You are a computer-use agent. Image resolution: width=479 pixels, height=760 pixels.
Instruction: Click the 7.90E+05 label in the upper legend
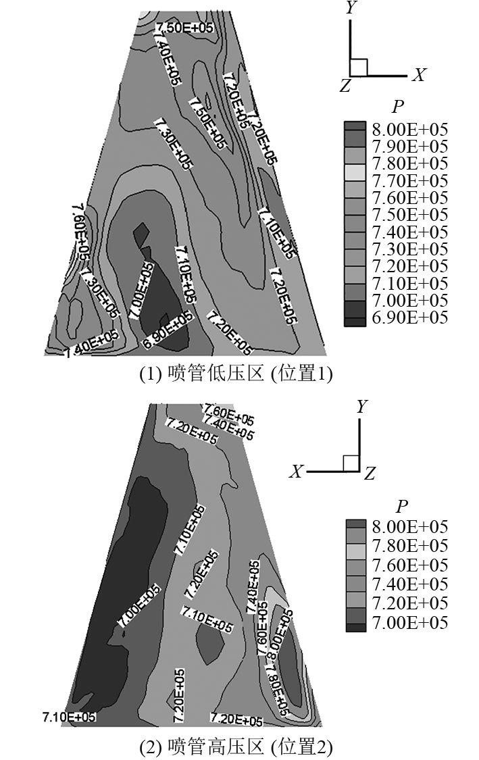point(409,146)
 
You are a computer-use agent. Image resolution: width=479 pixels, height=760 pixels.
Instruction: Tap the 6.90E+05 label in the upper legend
point(409,317)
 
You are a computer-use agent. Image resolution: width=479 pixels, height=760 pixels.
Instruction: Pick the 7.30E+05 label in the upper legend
point(409,249)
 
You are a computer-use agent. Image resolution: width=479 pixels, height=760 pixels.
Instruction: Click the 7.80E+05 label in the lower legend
point(409,545)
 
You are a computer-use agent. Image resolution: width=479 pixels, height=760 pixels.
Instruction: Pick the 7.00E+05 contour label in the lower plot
point(140,605)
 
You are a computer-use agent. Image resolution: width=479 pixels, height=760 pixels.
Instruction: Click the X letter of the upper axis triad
point(420,74)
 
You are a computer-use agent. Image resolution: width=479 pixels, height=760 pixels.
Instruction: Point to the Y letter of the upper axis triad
point(351,8)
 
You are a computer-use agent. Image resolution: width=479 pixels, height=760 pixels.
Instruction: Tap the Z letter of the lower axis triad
point(369,474)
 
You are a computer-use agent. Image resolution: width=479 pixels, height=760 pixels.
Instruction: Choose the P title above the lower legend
point(402,507)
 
